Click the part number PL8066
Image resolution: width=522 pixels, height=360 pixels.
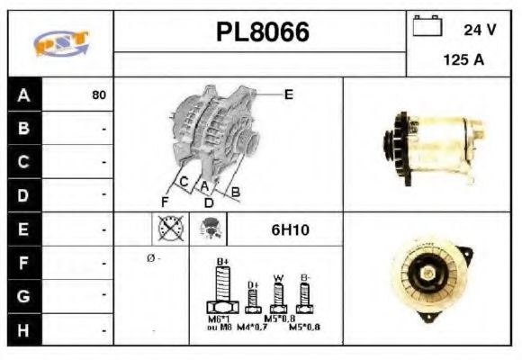263,33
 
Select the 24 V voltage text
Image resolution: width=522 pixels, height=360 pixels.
480,30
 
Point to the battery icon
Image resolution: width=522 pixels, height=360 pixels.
426,27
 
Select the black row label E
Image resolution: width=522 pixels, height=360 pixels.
23,229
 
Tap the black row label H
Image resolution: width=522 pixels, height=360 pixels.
23,330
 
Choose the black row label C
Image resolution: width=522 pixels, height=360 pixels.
23,163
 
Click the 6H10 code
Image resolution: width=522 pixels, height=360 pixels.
290,230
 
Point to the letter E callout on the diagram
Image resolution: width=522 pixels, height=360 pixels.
288,94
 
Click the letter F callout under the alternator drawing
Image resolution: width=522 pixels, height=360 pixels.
165,200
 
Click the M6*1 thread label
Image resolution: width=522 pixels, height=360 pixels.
219,319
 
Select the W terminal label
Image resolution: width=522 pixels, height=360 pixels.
279,276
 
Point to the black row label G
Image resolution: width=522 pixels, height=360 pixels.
23,296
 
